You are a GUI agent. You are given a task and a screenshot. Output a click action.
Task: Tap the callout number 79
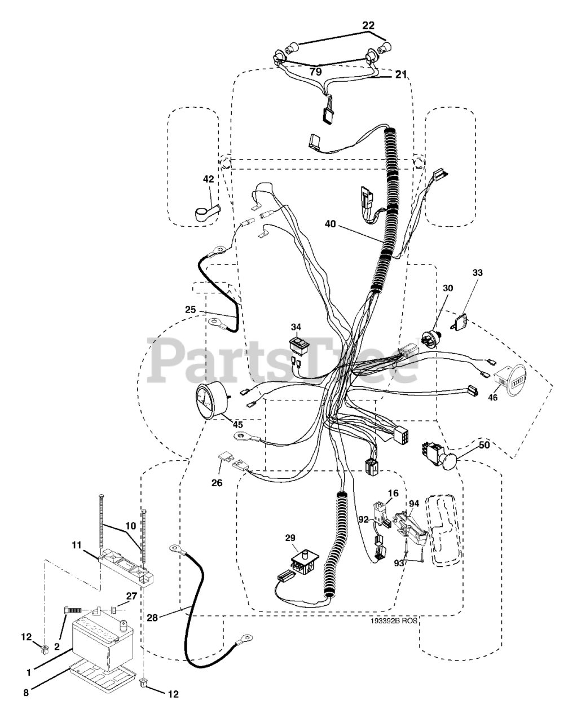[x=315, y=72]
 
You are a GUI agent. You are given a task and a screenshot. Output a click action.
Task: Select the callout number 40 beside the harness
[x=331, y=224]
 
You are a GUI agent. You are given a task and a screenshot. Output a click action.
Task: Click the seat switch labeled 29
[x=301, y=563]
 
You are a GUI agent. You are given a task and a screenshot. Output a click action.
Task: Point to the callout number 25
[x=190, y=309]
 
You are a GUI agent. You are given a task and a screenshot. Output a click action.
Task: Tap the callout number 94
[x=414, y=503]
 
